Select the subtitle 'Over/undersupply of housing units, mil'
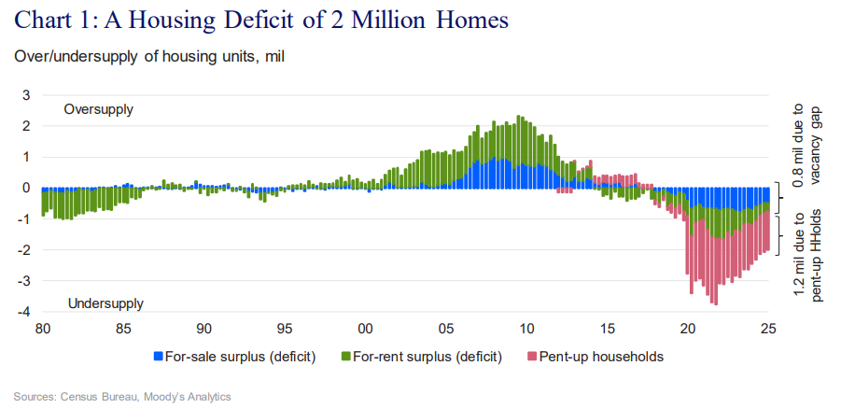pos(148,56)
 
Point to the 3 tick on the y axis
pos(26,95)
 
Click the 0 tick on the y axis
pos(26,188)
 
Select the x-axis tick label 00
pos(366,329)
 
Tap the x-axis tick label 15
pos(608,329)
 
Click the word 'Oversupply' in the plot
pos(98,109)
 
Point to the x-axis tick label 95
pos(285,329)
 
